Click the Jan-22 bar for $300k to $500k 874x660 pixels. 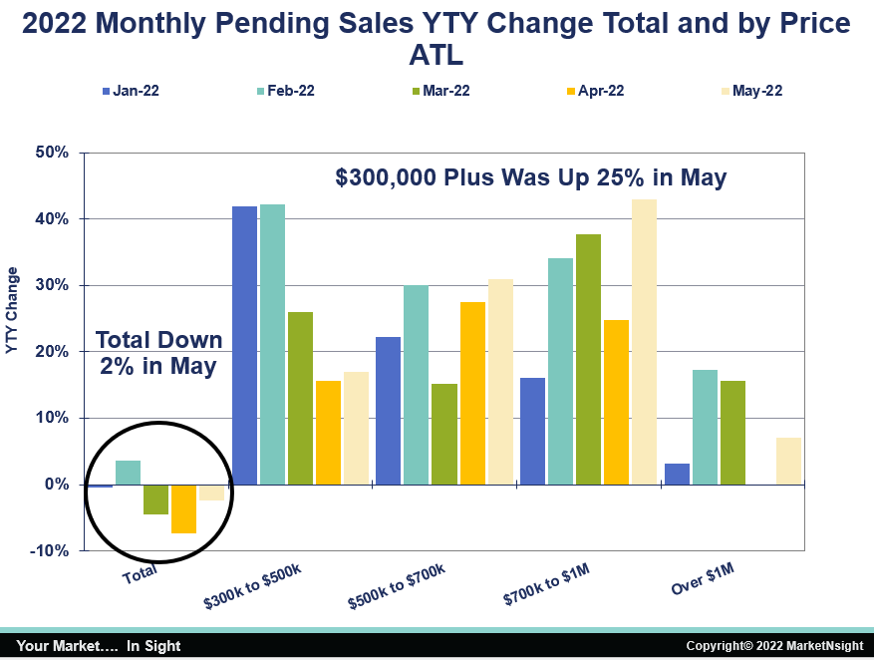point(245,345)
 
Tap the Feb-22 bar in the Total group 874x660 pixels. point(129,473)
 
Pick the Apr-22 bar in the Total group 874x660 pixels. point(183,508)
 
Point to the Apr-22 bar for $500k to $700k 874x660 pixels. point(472,393)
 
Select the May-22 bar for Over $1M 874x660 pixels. point(788,461)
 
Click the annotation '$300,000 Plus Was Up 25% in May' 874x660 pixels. point(531,178)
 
